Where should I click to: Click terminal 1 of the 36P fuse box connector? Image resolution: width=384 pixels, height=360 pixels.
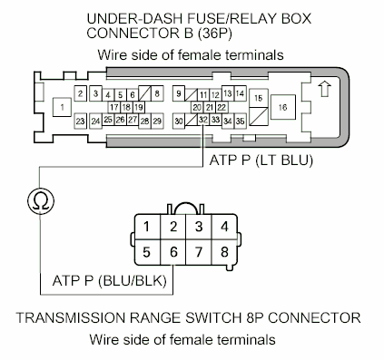pyautogui.click(x=62, y=107)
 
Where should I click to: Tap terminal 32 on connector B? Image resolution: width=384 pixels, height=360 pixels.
pyautogui.click(x=202, y=120)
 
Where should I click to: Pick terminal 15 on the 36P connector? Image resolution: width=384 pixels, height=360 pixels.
pyautogui.click(x=259, y=97)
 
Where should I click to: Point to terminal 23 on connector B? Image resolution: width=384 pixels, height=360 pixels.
pyautogui.click(x=82, y=120)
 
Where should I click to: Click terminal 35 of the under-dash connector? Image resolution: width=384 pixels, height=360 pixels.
pyautogui.click(x=241, y=120)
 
